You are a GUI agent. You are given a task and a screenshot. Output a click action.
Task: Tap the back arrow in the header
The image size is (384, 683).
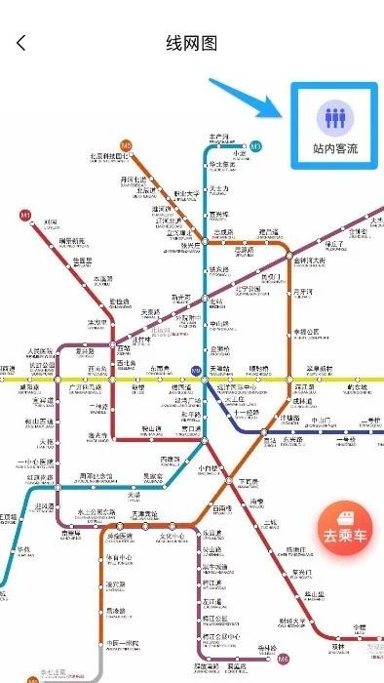click(x=21, y=43)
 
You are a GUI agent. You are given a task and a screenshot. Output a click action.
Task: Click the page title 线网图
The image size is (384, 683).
click(x=191, y=43)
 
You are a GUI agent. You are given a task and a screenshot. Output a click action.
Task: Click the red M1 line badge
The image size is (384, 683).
click(x=25, y=213)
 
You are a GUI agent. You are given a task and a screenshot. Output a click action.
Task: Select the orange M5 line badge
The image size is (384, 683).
click(x=125, y=143)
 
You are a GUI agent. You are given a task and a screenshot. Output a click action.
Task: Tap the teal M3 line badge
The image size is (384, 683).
click(x=256, y=146)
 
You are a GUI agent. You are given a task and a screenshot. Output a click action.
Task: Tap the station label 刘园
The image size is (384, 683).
click(x=51, y=223)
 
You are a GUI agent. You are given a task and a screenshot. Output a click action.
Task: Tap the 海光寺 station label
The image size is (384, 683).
click(x=97, y=436)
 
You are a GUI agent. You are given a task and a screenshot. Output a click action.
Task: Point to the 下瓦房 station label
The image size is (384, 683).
click(x=249, y=482)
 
